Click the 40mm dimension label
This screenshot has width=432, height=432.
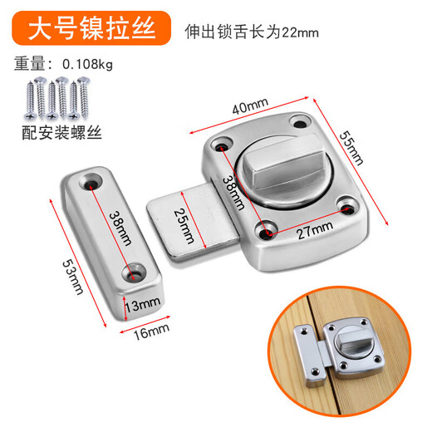tap(248, 107)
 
